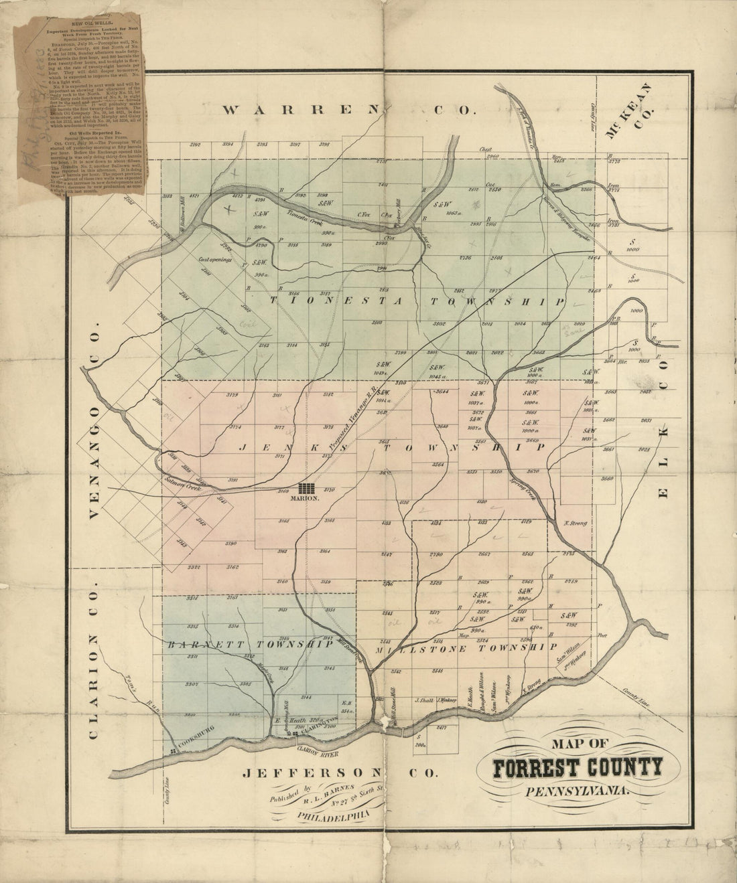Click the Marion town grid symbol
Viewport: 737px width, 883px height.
point(308,487)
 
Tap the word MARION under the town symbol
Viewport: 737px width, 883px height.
point(308,499)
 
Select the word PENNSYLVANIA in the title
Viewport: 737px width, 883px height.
point(578,791)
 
